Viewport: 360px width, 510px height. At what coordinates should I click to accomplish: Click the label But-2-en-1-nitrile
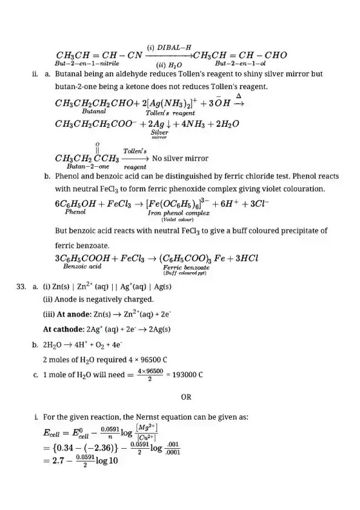[x=87, y=63]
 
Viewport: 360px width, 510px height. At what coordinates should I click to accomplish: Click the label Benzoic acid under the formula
[x=82, y=266]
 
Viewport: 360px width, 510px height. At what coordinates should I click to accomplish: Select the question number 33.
[x=24, y=290]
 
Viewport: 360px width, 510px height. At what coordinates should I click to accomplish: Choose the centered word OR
[x=186, y=397]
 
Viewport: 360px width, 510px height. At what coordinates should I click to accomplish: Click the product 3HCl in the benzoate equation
[x=245, y=257]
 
